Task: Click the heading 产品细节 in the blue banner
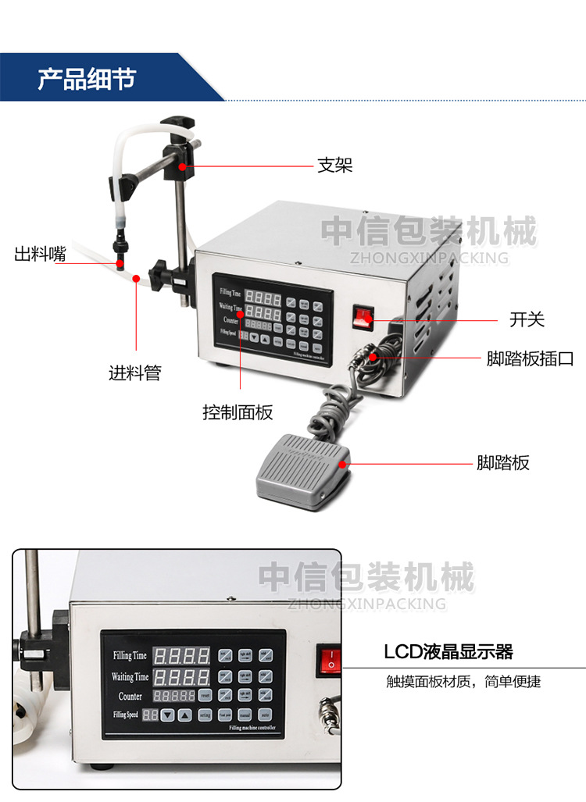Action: pos(87,79)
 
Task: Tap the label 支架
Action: pos(334,166)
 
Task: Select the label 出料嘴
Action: pos(40,255)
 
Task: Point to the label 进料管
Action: pos(134,372)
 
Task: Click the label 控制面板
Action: pos(238,412)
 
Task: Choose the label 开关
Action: pos(527,319)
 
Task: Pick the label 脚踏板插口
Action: pos(530,359)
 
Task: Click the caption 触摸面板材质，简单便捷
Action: pos(463,682)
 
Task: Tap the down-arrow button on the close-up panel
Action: pos(166,715)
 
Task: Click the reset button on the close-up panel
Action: pos(205,695)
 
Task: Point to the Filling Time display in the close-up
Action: pos(180,655)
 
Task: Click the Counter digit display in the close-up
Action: pos(173,696)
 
